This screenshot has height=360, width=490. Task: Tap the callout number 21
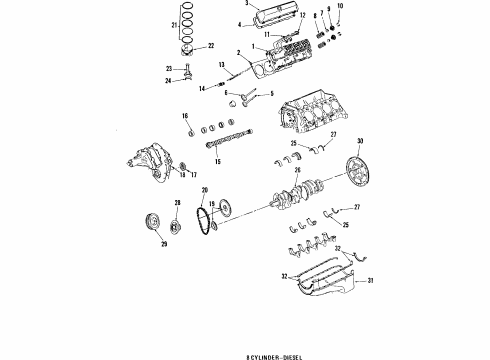174,23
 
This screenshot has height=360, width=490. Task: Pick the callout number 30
360,140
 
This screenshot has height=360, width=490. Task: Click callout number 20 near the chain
204,190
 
